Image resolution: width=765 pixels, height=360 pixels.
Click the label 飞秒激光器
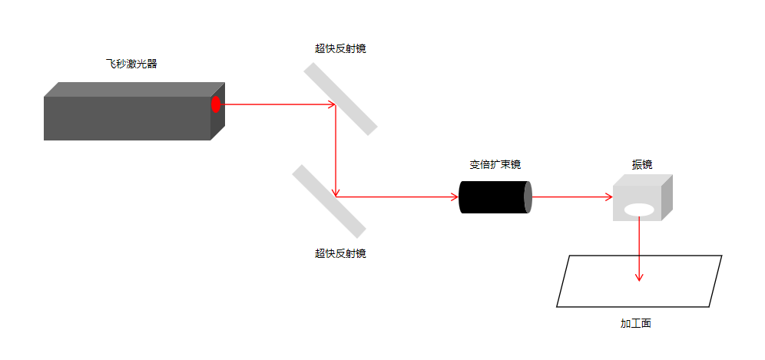(131, 64)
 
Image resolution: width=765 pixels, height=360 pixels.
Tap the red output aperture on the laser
(216, 104)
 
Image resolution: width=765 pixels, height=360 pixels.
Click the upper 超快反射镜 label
(340, 48)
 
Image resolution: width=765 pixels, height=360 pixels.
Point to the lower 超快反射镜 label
(340, 253)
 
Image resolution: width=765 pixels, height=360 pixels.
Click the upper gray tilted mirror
(340, 99)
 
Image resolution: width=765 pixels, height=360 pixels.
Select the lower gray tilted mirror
(329, 201)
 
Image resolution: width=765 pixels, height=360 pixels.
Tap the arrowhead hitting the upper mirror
(333, 104)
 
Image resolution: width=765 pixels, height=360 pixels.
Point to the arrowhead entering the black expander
(455, 197)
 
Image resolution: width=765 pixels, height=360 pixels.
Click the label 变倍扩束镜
(495, 165)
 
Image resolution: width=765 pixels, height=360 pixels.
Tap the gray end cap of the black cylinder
(528, 197)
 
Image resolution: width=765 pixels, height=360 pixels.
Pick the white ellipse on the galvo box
(639, 210)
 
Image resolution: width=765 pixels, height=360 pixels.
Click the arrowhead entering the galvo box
(609, 197)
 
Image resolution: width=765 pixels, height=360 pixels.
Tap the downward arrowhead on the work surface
(639, 278)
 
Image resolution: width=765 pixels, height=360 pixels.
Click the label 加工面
(636, 323)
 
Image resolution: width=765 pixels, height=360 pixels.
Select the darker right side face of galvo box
(667, 197)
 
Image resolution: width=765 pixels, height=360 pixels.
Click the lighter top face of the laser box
(134, 89)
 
